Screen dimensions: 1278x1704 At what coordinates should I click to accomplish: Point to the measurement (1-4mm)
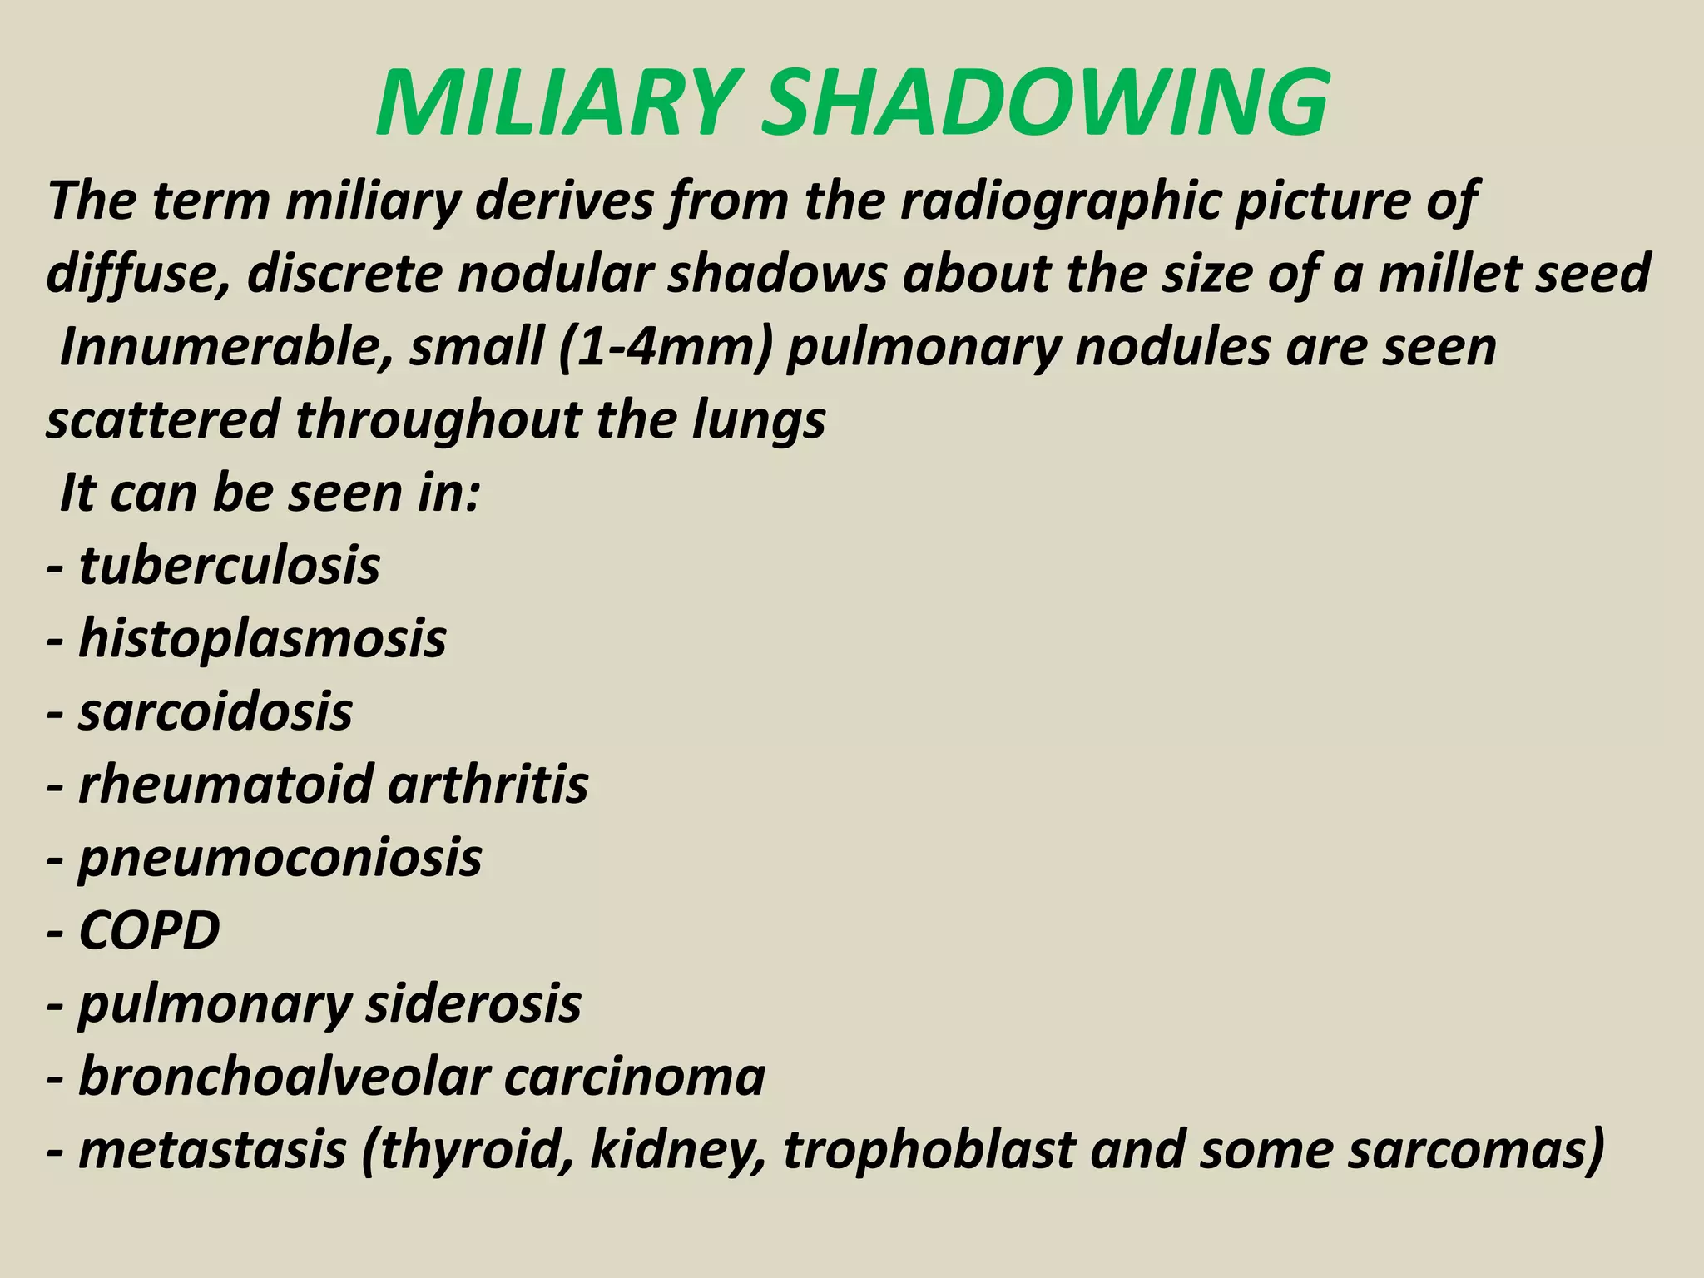(x=666, y=347)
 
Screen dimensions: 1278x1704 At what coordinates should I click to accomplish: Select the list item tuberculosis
(x=229, y=566)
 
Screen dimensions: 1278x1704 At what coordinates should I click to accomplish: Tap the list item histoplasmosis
(x=262, y=639)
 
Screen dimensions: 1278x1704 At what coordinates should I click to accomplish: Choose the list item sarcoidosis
(x=215, y=712)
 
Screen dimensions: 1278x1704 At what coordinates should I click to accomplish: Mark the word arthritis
(x=488, y=785)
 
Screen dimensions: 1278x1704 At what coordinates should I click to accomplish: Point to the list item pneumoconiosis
(x=280, y=858)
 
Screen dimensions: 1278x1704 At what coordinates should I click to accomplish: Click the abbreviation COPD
(x=149, y=930)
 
